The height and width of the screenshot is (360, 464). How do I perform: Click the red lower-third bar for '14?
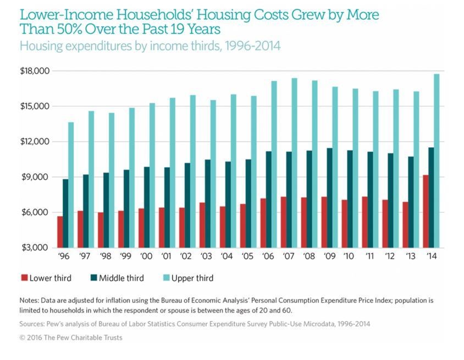426,211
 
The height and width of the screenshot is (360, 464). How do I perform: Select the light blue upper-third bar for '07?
295,163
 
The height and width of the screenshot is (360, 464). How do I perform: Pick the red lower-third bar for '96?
60,232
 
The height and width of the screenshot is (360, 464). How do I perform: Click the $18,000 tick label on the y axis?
34,71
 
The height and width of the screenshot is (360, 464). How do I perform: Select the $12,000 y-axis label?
34,142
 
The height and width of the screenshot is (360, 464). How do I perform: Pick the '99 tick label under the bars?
126,256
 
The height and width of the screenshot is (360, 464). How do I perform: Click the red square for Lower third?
23,278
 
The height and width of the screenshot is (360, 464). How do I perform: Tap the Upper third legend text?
192,278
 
